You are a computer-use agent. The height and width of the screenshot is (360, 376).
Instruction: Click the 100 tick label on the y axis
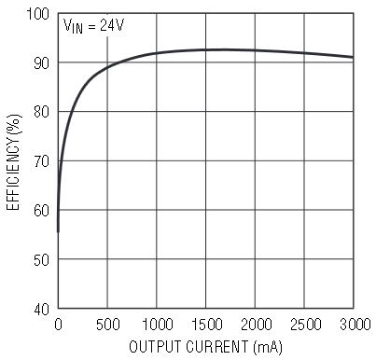pyautogui.click(x=38, y=14)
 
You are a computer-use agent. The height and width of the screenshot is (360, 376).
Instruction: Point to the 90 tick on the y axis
pyautogui.click(x=42, y=63)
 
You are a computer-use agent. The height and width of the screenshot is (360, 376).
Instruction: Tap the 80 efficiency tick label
pyautogui.click(x=42, y=112)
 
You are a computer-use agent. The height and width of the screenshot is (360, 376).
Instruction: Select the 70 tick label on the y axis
pyautogui.click(x=42, y=161)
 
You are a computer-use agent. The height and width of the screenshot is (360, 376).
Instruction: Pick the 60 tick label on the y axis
pyautogui.click(x=42, y=211)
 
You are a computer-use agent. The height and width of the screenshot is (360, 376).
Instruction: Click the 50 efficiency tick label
pyautogui.click(x=42, y=259)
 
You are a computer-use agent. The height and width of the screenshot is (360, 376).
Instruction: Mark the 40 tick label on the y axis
pyautogui.click(x=42, y=309)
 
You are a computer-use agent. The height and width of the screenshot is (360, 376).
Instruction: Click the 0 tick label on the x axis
pyautogui.click(x=58, y=325)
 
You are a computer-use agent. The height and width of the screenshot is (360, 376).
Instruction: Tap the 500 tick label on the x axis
pyautogui.click(x=107, y=325)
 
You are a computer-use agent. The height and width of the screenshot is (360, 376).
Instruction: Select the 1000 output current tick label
pyautogui.click(x=157, y=325)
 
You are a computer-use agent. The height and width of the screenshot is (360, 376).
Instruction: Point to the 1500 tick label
pyautogui.click(x=206, y=325)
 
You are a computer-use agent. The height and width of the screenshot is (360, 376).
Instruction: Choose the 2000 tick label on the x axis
pyautogui.click(x=256, y=325)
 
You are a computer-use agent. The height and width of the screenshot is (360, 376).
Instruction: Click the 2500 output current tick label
pyautogui.click(x=305, y=325)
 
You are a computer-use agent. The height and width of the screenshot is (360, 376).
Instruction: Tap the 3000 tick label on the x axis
pyautogui.click(x=355, y=325)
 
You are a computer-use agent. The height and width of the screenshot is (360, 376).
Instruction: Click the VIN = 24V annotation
pyautogui.click(x=93, y=25)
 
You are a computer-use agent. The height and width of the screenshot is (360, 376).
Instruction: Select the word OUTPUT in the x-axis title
pyautogui.click(x=155, y=347)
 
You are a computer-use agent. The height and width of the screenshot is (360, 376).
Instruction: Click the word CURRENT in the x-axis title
pyautogui.click(x=217, y=347)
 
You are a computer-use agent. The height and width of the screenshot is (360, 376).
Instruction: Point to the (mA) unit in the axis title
pyautogui.click(x=268, y=347)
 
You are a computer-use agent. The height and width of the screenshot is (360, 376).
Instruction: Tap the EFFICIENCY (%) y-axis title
pyautogui.click(x=14, y=162)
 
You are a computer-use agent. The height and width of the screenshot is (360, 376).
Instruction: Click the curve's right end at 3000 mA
pyautogui.click(x=354, y=57)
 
